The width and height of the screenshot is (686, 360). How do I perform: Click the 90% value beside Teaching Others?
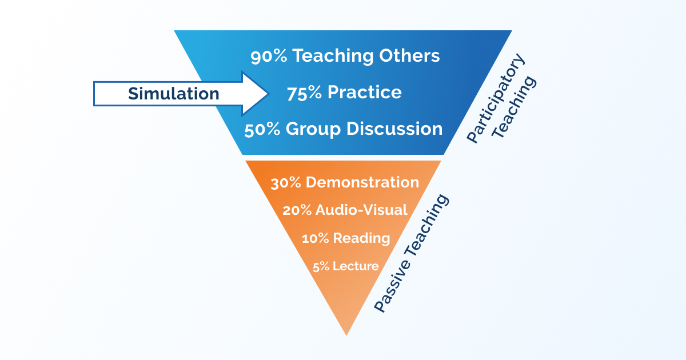coord(269,56)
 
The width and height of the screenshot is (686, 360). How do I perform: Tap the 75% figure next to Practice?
coord(304,93)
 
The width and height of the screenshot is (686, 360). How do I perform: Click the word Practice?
coord(364,93)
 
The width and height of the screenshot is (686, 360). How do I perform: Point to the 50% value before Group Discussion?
coord(262,129)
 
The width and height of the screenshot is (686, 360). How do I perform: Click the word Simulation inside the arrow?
coord(173,93)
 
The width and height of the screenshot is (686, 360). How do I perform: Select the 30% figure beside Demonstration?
coord(286,182)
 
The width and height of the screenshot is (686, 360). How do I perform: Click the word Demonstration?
coord(362,182)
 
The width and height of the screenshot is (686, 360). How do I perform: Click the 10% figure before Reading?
coord(315,238)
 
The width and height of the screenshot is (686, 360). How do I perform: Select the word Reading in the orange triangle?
coord(362,238)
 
